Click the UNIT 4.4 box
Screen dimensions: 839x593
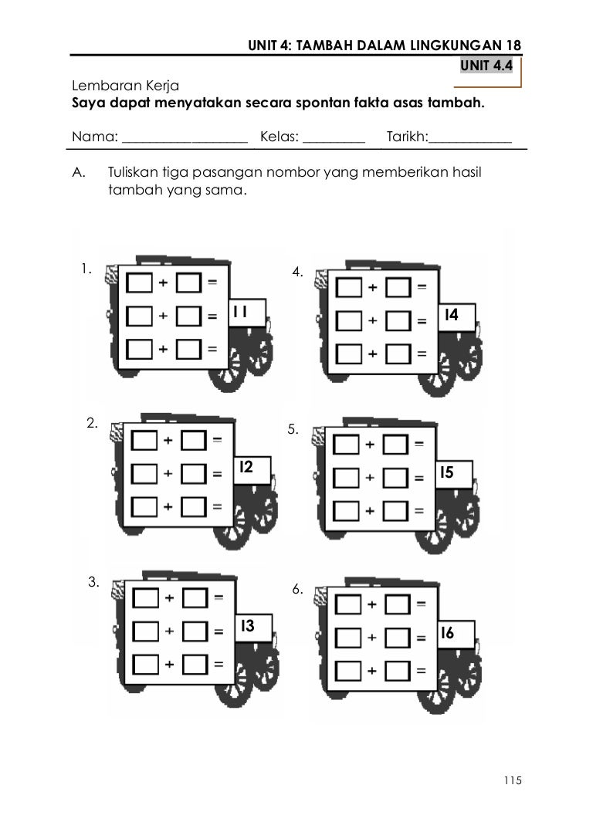[486, 66]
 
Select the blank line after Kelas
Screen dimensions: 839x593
[334, 139]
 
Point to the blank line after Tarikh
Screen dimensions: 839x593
[470, 139]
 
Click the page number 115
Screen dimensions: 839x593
[513, 780]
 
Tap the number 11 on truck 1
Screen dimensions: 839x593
[240, 311]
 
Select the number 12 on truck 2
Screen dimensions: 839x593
[246, 467]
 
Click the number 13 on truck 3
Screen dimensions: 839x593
[247, 626]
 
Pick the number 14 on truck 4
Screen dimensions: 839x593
[451, 315]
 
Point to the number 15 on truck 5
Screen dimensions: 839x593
[448, 472]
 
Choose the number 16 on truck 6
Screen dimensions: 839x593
[447, 634]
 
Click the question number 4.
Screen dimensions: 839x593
[297, 272]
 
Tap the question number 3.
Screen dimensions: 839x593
[93, 583]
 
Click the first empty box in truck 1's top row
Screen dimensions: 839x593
[140, 283]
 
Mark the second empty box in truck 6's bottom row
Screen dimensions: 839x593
[398, 671]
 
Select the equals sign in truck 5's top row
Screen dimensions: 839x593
[419, 445]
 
